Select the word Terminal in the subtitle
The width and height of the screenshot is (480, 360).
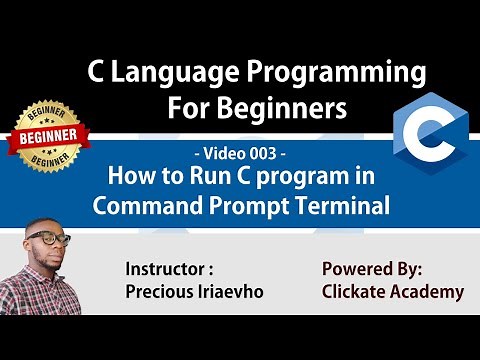(344, 206)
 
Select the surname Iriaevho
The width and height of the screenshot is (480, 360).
(239, 292)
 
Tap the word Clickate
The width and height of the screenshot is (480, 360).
(357, 292)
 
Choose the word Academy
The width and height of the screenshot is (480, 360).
(430, 292)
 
